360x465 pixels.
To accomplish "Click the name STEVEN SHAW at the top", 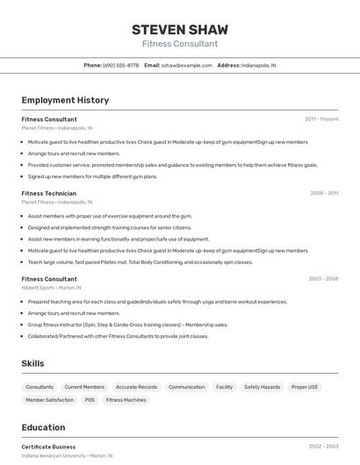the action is point(179,29).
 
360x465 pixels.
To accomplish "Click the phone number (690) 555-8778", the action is point(120,65).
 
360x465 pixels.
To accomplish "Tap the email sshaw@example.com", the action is point(188,65).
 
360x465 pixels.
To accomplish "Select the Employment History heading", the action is point(65,100).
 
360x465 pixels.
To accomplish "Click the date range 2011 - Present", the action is point(321,118).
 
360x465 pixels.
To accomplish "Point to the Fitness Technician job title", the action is point(49,193).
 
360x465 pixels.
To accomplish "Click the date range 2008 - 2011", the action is point(324,193).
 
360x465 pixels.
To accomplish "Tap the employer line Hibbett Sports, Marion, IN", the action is point(51,288).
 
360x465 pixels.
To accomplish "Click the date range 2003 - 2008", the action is point(323,279).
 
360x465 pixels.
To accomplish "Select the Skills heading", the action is point(33,363).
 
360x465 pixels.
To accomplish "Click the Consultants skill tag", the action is point(40,387).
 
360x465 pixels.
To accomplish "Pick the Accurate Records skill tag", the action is point(136,387).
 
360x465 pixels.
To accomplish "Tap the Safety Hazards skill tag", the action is point(262,387).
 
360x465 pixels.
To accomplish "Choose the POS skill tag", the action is point(90,400).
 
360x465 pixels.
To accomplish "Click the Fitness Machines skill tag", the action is point(126,400).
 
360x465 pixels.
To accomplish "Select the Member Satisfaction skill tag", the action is point(49,400).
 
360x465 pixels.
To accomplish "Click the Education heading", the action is point(43,427).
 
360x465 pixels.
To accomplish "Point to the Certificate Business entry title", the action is point(48,447).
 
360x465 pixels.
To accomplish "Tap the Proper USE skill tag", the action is point(306,387).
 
